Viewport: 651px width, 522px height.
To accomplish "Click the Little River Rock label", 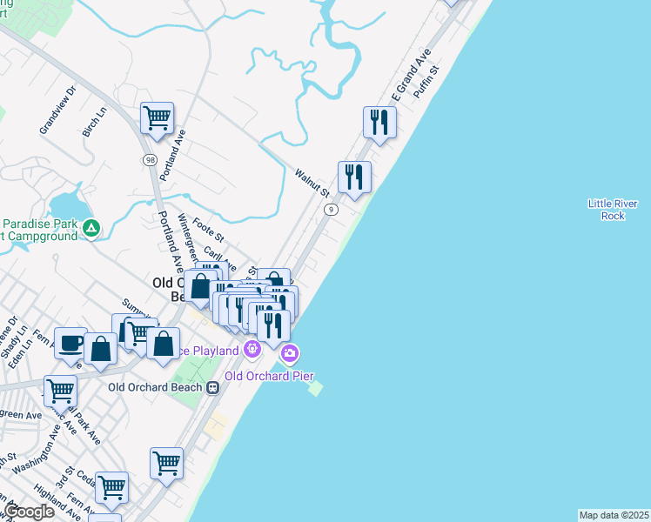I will [x=613, y=210].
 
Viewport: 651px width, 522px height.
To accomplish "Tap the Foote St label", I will [x=208, y=231].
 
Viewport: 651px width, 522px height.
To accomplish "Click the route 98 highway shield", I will [x=150, y=160].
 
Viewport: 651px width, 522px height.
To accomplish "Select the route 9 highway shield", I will [x=331, y=210].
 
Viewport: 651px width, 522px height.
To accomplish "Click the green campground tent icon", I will [x=91, y=229].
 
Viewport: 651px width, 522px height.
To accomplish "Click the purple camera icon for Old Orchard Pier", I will [x=289, y=353].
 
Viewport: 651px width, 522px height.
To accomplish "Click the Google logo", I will [x=30, y=512].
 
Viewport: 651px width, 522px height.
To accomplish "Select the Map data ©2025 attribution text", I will [x=614, y=515].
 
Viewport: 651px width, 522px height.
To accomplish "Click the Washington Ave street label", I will [x=36, y=460].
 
